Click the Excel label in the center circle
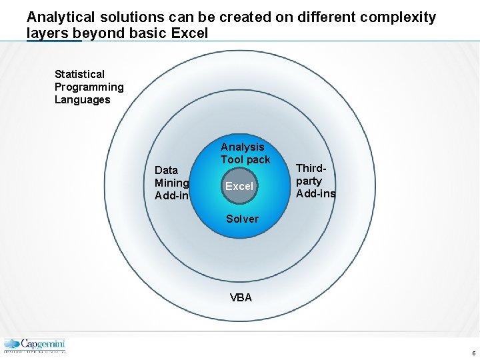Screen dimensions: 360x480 [239, 187]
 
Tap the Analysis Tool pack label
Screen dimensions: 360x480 [245, 153]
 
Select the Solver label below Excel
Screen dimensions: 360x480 [242, 219]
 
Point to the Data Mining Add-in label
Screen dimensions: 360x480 [172, 183]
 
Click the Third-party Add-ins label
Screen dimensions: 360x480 [315, 181]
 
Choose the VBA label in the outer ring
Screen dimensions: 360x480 [241, 298]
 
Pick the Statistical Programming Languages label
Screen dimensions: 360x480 [89, 87]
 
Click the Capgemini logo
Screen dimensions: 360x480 [35, 345]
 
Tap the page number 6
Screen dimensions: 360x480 [473, 353]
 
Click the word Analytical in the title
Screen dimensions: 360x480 [62, 17]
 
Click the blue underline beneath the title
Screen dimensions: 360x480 [53, 41]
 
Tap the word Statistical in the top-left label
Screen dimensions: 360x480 [79, 74]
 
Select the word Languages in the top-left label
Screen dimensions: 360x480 [82, 99]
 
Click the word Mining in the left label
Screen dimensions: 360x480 [172, 183]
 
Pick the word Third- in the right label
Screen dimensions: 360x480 [311, 169]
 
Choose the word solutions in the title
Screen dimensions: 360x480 [131, 17]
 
